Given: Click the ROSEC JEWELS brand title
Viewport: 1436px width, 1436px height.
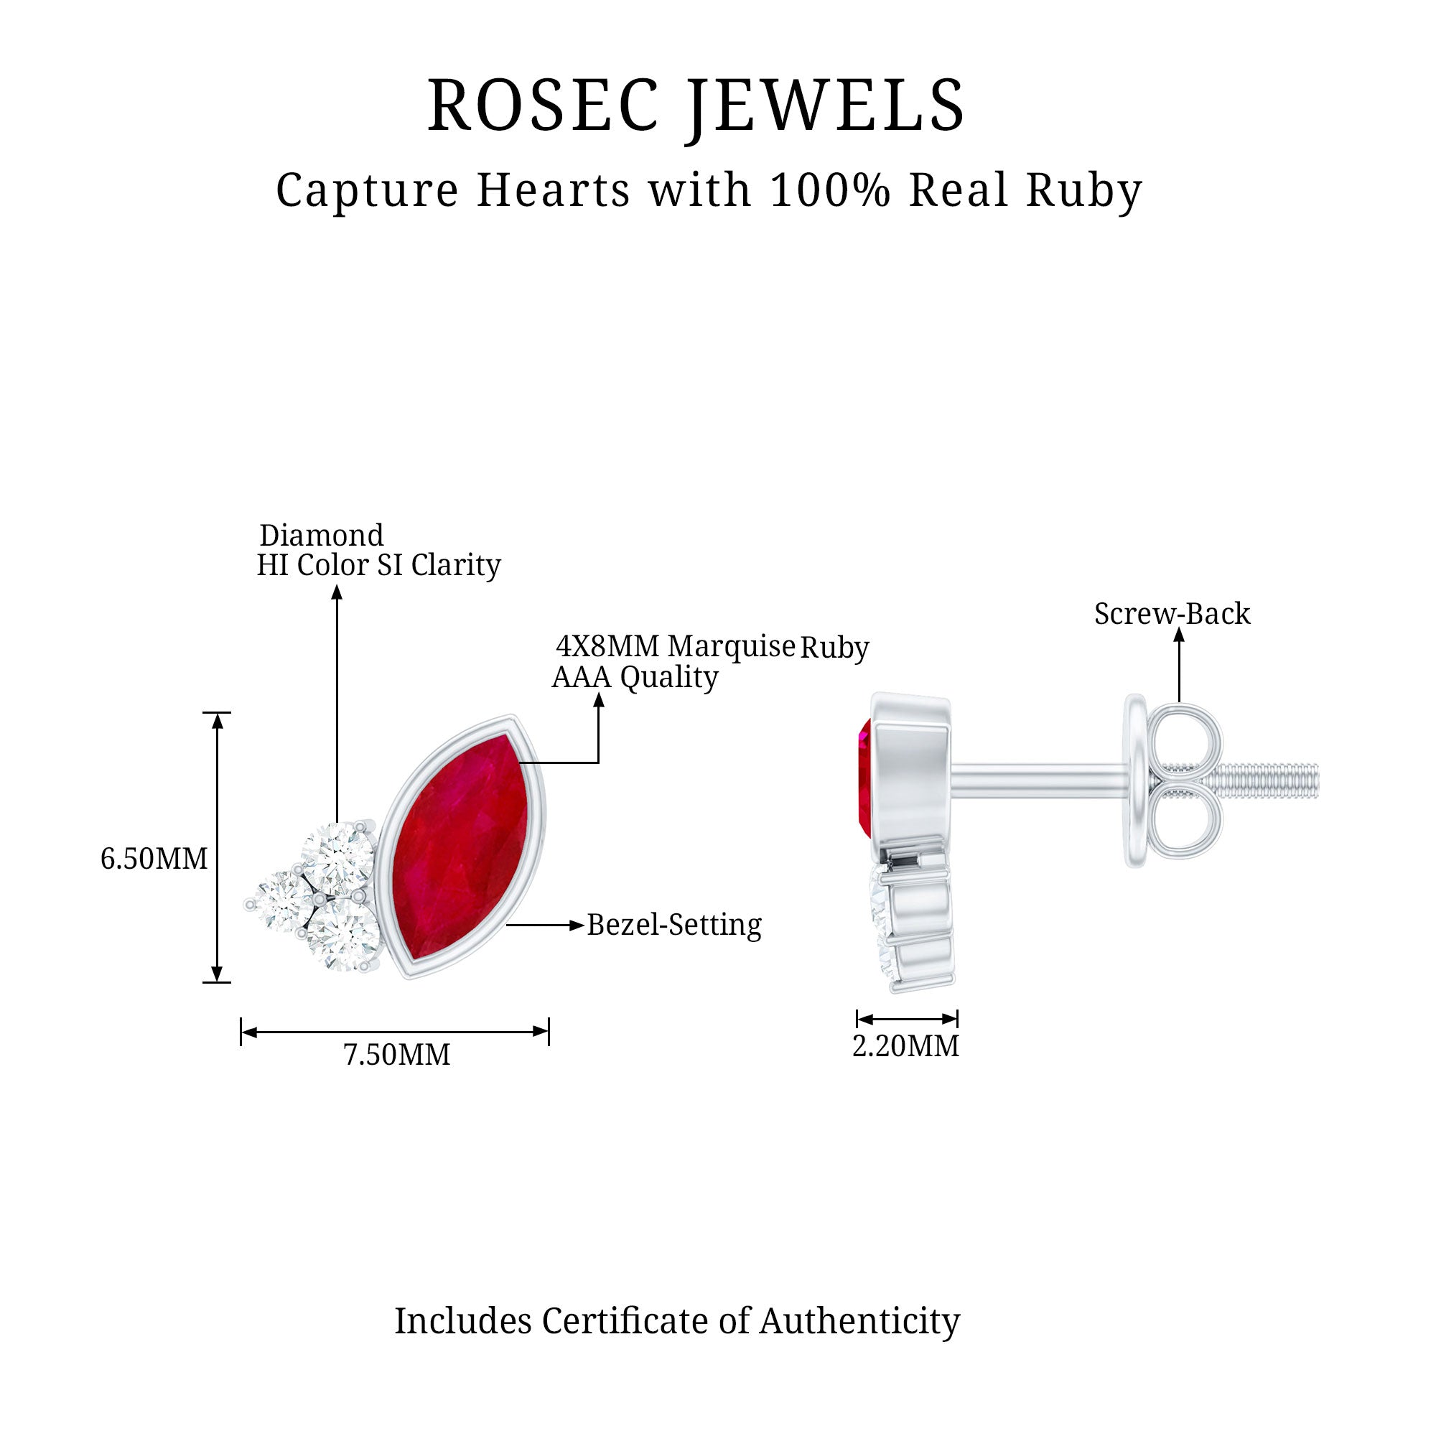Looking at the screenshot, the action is pos(696,106).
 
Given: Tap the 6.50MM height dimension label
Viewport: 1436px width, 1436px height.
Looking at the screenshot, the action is pos(154,859).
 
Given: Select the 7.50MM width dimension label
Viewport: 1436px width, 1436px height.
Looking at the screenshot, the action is pos(397,1055).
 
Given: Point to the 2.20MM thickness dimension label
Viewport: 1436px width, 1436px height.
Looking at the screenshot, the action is pos(905,1047).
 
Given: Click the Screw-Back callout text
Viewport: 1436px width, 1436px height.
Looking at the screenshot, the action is pos(1172,614).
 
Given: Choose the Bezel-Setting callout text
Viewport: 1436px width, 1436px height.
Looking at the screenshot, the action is pos(674,926).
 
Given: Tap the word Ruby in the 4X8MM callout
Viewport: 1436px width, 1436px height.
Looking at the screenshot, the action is pos(834,648).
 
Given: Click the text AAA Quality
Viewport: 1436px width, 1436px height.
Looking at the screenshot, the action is pos(635,677).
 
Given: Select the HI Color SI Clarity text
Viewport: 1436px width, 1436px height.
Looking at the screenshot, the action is pos(378,566).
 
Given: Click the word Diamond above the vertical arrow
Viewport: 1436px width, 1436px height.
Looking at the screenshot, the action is pos(321,535).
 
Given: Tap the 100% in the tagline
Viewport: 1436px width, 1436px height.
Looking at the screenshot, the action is pos(829,190).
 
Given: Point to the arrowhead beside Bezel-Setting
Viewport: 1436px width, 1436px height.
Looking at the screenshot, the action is pos(577,926).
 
